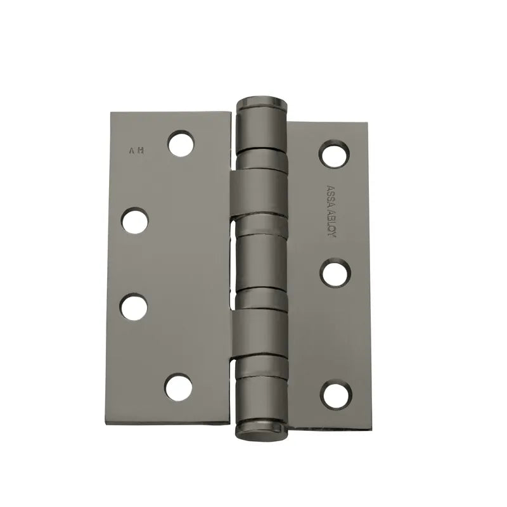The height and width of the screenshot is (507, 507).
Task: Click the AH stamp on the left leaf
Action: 136,151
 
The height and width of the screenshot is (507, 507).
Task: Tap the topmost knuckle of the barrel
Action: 260,127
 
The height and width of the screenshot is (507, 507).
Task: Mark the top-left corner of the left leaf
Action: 112,114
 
